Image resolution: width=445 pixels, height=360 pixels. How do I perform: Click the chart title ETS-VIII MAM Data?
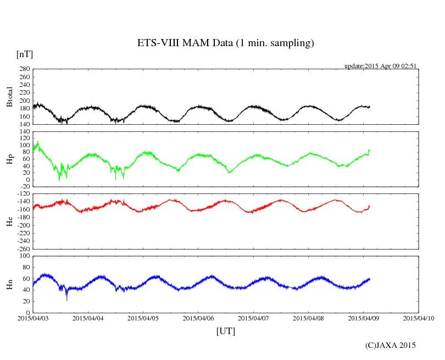tap(225, 43)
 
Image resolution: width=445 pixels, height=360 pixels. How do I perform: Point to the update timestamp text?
tap(381, 66)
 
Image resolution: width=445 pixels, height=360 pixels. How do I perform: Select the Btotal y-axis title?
tap(9, 97)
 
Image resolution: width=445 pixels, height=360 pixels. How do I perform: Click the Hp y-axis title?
tap(9, 159)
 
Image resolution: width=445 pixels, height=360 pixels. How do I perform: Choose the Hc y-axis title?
tap(9, 221)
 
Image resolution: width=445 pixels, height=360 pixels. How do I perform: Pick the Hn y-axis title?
tap(9, 284)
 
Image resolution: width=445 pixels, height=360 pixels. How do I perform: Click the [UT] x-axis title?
tap(226, 331)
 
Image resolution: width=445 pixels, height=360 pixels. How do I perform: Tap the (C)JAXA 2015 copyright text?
tap(390, 345)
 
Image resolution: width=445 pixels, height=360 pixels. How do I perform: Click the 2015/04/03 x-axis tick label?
tap(33, 318)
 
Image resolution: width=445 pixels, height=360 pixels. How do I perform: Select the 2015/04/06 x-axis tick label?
tap(198, 318)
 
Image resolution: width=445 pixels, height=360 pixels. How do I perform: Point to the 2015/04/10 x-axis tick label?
tap(419, 318)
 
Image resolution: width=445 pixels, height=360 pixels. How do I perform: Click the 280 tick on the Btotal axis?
tap(24, 69)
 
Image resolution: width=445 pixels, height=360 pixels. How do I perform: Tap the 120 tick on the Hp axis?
tap(24, 132)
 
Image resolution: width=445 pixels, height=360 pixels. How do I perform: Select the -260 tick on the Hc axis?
tap(23, 248)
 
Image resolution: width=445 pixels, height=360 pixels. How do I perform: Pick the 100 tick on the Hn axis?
tap(24, 256)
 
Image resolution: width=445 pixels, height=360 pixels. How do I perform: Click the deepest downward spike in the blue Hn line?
tap(67, 300)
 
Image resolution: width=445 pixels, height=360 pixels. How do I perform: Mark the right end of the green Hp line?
tap(370, 150)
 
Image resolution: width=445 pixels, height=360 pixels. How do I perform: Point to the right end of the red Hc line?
tap(370, 206)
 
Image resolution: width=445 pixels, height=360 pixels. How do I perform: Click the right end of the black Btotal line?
tap(370, 107)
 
